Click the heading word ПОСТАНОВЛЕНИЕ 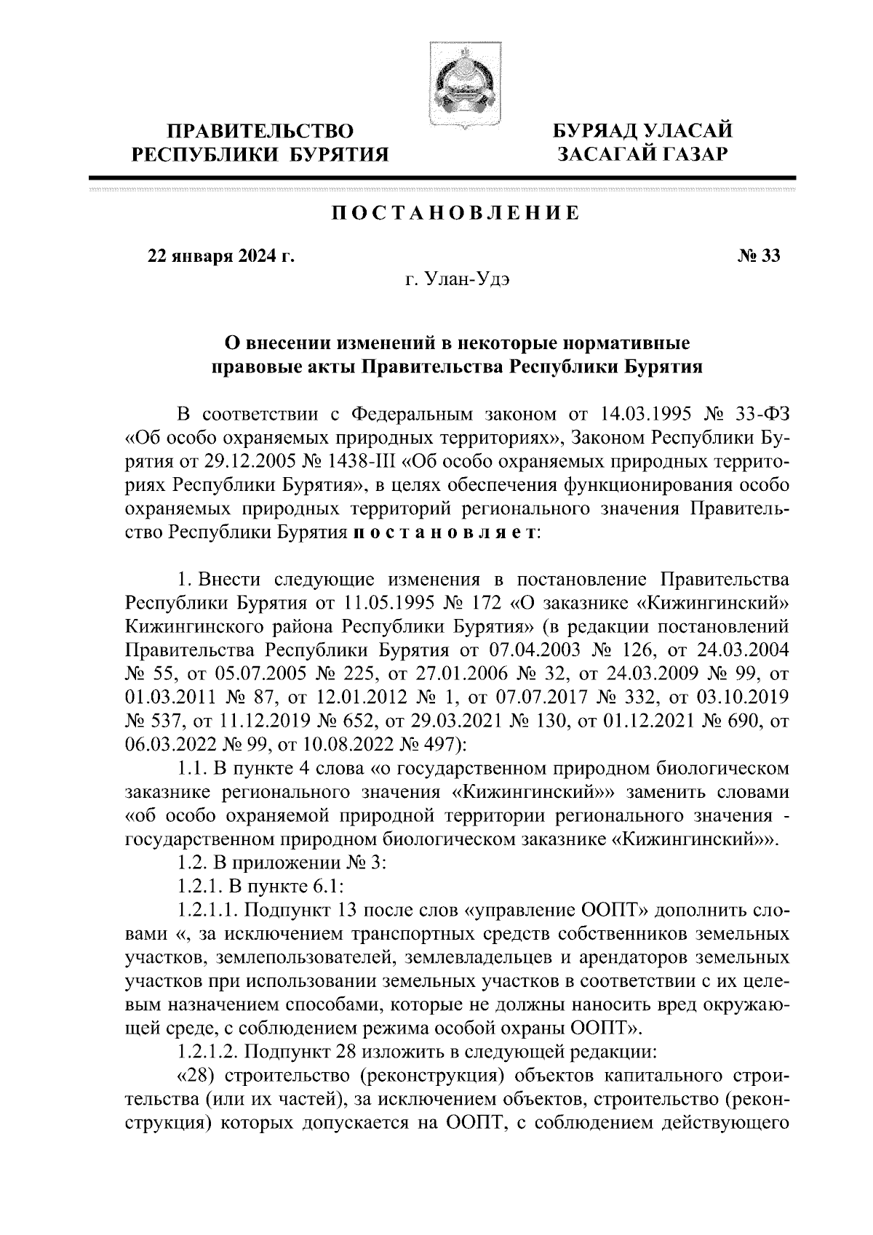click(x=456, y=214)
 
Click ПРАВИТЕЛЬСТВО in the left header click(x=260, y=132)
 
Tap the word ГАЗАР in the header click(x=679, y=153)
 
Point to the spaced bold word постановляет click(x=443, y=532)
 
